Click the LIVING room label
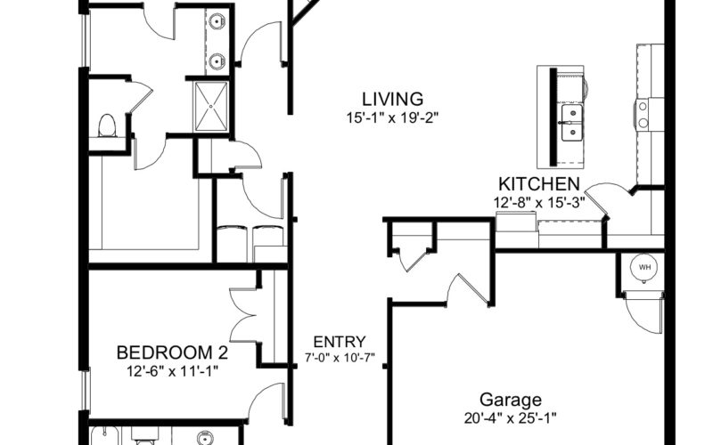point(392,99)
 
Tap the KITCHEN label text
point(539,184)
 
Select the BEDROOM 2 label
point(172,352)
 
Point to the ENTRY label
point(340,342)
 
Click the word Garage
point(511,400)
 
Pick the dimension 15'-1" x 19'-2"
point(392,118)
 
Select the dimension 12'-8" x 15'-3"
point(539,203)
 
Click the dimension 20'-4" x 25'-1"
point(511,418)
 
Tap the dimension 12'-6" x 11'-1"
point(173,371)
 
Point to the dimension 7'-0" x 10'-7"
point(340,358)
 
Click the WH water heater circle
point(644,267)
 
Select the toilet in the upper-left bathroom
point(107,125)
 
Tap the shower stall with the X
point(211,107)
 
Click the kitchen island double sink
point(572,123)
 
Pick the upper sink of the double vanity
point(217,20)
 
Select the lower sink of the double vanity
point(217,61)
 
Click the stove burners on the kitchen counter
point(643,115)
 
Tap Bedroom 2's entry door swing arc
point(266,402)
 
